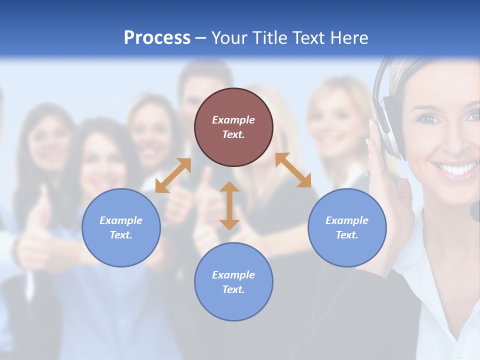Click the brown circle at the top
point(233,127)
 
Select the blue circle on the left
point(121,227)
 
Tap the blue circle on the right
point(347,227)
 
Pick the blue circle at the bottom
point(233,282)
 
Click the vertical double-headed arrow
point(229,205)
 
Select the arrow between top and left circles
point(173,175)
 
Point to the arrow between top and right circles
point(293,170)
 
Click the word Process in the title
point(157,37)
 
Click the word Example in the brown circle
point(233,120)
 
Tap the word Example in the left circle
point(121,220)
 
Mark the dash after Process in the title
point(201,38)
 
